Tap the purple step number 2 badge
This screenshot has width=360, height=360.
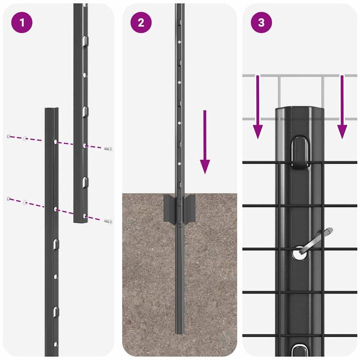coord(141,23)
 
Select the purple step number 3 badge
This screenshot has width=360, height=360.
coord(261,23)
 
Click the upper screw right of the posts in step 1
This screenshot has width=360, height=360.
coord(108,148)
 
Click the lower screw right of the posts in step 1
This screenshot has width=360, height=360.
coord(108,220)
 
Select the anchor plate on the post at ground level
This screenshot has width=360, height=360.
coord(179,208)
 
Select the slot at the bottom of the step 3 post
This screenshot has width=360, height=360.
coord(300,348)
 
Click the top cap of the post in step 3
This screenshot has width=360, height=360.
coord(300,111)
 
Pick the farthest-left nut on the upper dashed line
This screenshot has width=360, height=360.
coord(8,136)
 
